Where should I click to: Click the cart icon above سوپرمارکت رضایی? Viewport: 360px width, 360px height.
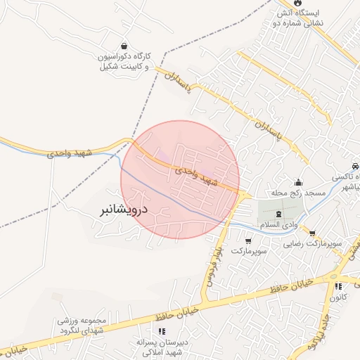(312, 233)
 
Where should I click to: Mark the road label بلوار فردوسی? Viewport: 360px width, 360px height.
(214, 266)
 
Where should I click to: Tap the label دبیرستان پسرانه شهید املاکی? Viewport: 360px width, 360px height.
(162, 347)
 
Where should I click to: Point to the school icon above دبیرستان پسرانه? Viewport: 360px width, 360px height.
(162, 330)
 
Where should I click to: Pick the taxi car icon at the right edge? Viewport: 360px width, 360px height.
(355, 166)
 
